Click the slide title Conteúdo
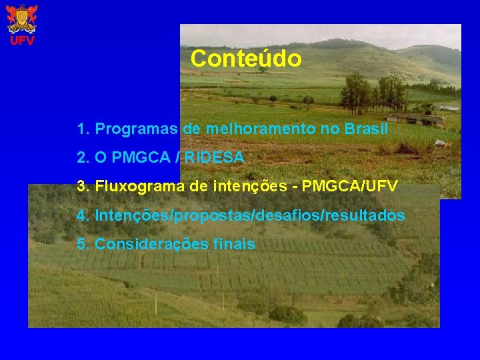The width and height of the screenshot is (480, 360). (245, 59)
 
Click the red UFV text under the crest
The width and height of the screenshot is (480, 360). (22, 41)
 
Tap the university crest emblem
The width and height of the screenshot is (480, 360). (22, 19)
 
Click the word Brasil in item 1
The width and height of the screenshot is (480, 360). (366, 129)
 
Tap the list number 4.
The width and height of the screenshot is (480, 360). (81, 216)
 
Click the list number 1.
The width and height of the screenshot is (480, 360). (81, 129)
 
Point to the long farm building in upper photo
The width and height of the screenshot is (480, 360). (415, 119)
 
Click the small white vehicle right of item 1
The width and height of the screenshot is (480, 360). (439, 143)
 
